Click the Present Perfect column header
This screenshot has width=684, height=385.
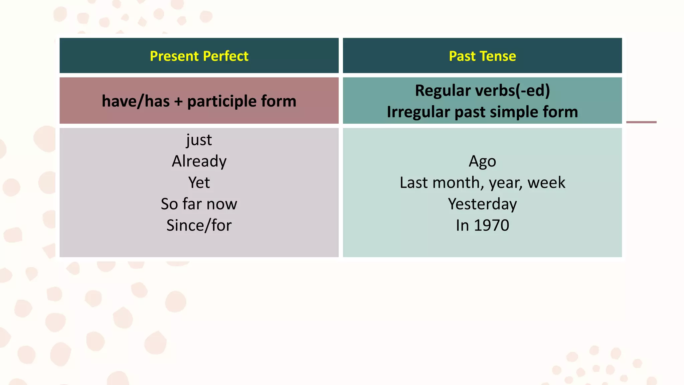199,56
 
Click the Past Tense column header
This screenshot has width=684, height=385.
482,56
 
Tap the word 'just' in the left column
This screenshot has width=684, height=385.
199,140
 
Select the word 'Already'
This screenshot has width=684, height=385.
199,161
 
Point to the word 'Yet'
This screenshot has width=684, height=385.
199,183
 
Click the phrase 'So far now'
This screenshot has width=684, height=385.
199,204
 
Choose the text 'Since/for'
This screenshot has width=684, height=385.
199,226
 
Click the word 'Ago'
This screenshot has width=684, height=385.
482,161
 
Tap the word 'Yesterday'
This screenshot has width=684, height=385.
482,204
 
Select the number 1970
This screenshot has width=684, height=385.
491,226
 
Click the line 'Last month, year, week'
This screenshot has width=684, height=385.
482,183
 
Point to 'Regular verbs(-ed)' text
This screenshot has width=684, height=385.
482,91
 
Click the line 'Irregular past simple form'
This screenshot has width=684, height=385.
482,112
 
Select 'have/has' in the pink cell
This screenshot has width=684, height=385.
136,101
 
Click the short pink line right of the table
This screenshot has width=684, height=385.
641,122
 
